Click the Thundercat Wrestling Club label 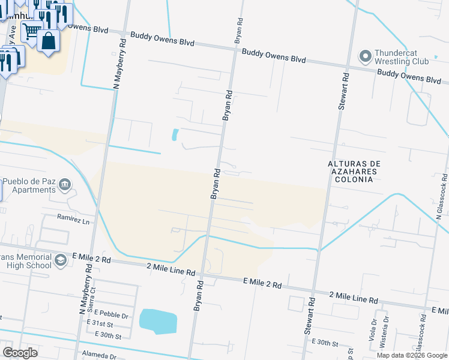[x=402, y=57]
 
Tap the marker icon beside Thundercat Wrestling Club [x=365, y=57]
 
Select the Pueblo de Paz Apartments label [x=29, y=185]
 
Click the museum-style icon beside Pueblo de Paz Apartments [x=66, y=185]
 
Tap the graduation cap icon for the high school [x=60, y=260]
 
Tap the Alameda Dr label [x=99, y=356]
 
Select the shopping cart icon [x=32, y=30]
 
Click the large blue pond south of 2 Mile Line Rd [x=158, y=321]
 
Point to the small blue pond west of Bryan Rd [x=175, y=134]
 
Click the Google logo [x=19, y=353]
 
